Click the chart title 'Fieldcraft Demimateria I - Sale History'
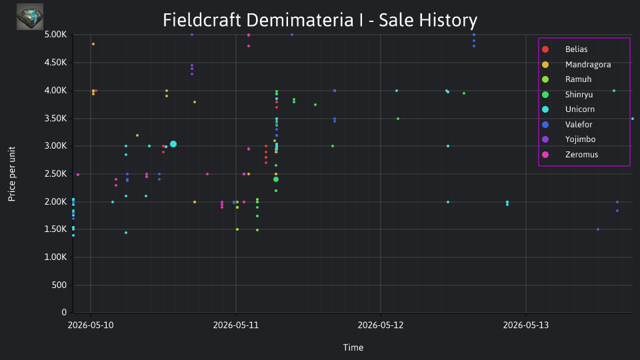pos(320,20)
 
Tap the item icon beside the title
pos(30,17)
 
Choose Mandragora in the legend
pos(576,65)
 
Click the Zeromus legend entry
pos(570,155)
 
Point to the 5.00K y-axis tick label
pos(55,35)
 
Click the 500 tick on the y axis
pos(59,285)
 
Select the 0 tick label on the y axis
pos(64,312)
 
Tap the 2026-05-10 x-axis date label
pos(91,325)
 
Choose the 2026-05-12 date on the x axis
pos(381,325)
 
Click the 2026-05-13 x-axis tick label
pos(526,325)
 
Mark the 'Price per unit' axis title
pos(12,174)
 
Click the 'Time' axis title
pos(353,347)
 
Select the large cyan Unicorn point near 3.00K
pos(173,144)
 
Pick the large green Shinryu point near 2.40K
pos(276,179)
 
